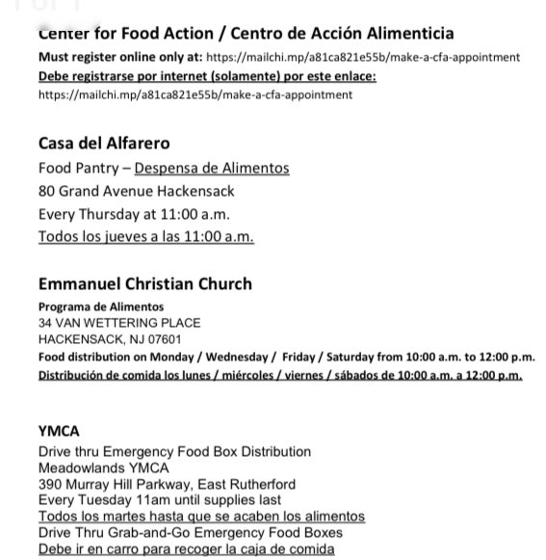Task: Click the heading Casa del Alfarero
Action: tap(104, 144)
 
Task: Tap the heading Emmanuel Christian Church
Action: tap(144, 283)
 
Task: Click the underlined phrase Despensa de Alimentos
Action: tap(211, 169)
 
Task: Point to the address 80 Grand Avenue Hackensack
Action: tap(136, 191)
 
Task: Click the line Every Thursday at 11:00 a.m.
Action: tap(134, 214)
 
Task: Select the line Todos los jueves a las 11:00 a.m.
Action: tap(145, 237)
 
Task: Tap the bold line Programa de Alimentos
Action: tap(101, 307)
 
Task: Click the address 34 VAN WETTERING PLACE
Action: tap(119, 323)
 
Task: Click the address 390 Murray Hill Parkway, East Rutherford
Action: tap(167, 485)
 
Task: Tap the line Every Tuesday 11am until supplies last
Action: tap(160, 500)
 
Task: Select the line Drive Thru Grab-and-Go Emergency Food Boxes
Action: tap(188, 533)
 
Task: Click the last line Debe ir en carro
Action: tap(186, 549)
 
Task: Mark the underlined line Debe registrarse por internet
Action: tap(207, 76)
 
